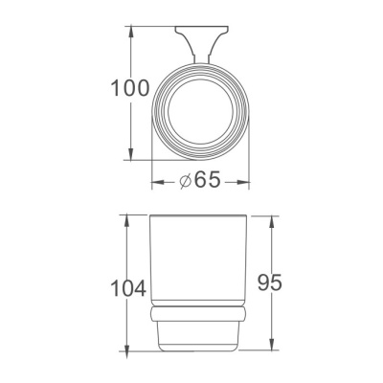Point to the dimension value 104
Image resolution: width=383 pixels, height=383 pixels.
click(126, 287)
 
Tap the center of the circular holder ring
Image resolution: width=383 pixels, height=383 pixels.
click(201, 110)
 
